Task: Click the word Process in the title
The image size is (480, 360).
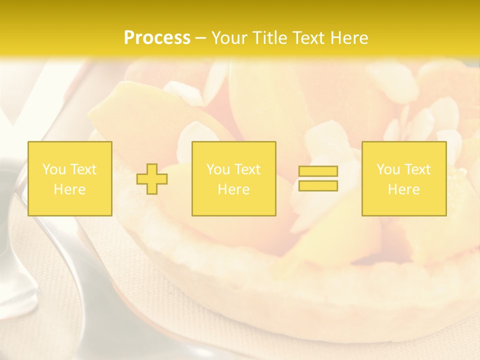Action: (x=157, y=38)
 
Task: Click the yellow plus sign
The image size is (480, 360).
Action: (x=152, y=179)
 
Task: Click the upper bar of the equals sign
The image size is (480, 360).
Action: (x=318, y=171)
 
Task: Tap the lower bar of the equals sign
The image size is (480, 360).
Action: (x=318, y=185)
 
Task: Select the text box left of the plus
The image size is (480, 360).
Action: (x=70, y=178)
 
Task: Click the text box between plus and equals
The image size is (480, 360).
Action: (x=233, y=178)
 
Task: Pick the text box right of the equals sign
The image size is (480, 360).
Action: (x=404, y=178)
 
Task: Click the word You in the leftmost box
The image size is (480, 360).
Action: (x=53, y=169)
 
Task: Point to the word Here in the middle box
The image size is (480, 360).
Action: (x=233, y=189)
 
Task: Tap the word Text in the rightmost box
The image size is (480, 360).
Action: (x=417, y=169)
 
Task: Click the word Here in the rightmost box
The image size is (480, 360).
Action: (x=404, y=189)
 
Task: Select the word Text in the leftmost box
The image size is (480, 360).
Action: (x=83, y=169)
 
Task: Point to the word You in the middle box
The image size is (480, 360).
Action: (x=218, y=169)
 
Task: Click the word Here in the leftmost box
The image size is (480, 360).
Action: (x=70, y=189)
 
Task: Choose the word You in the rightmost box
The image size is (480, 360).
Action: (x=388, y=169)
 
